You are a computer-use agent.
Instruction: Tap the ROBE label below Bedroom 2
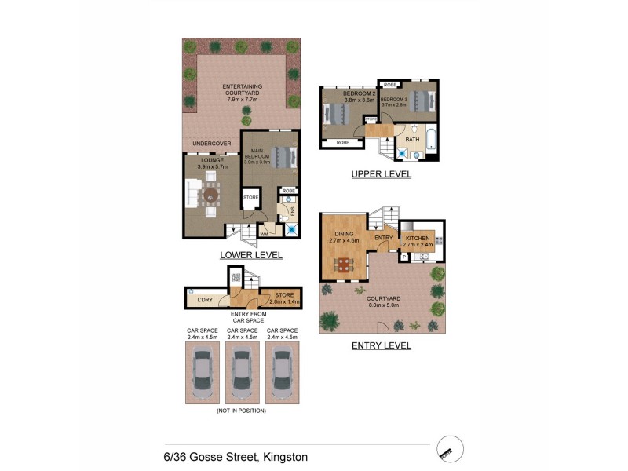(342, 143)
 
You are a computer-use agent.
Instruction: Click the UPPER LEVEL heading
(381, 174)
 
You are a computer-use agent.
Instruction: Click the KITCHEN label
(418, 237)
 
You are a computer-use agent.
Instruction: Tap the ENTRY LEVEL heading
(381, 345)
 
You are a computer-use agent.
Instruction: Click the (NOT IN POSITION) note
(241, 411)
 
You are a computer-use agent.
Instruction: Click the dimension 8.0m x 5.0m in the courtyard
(383, 305)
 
